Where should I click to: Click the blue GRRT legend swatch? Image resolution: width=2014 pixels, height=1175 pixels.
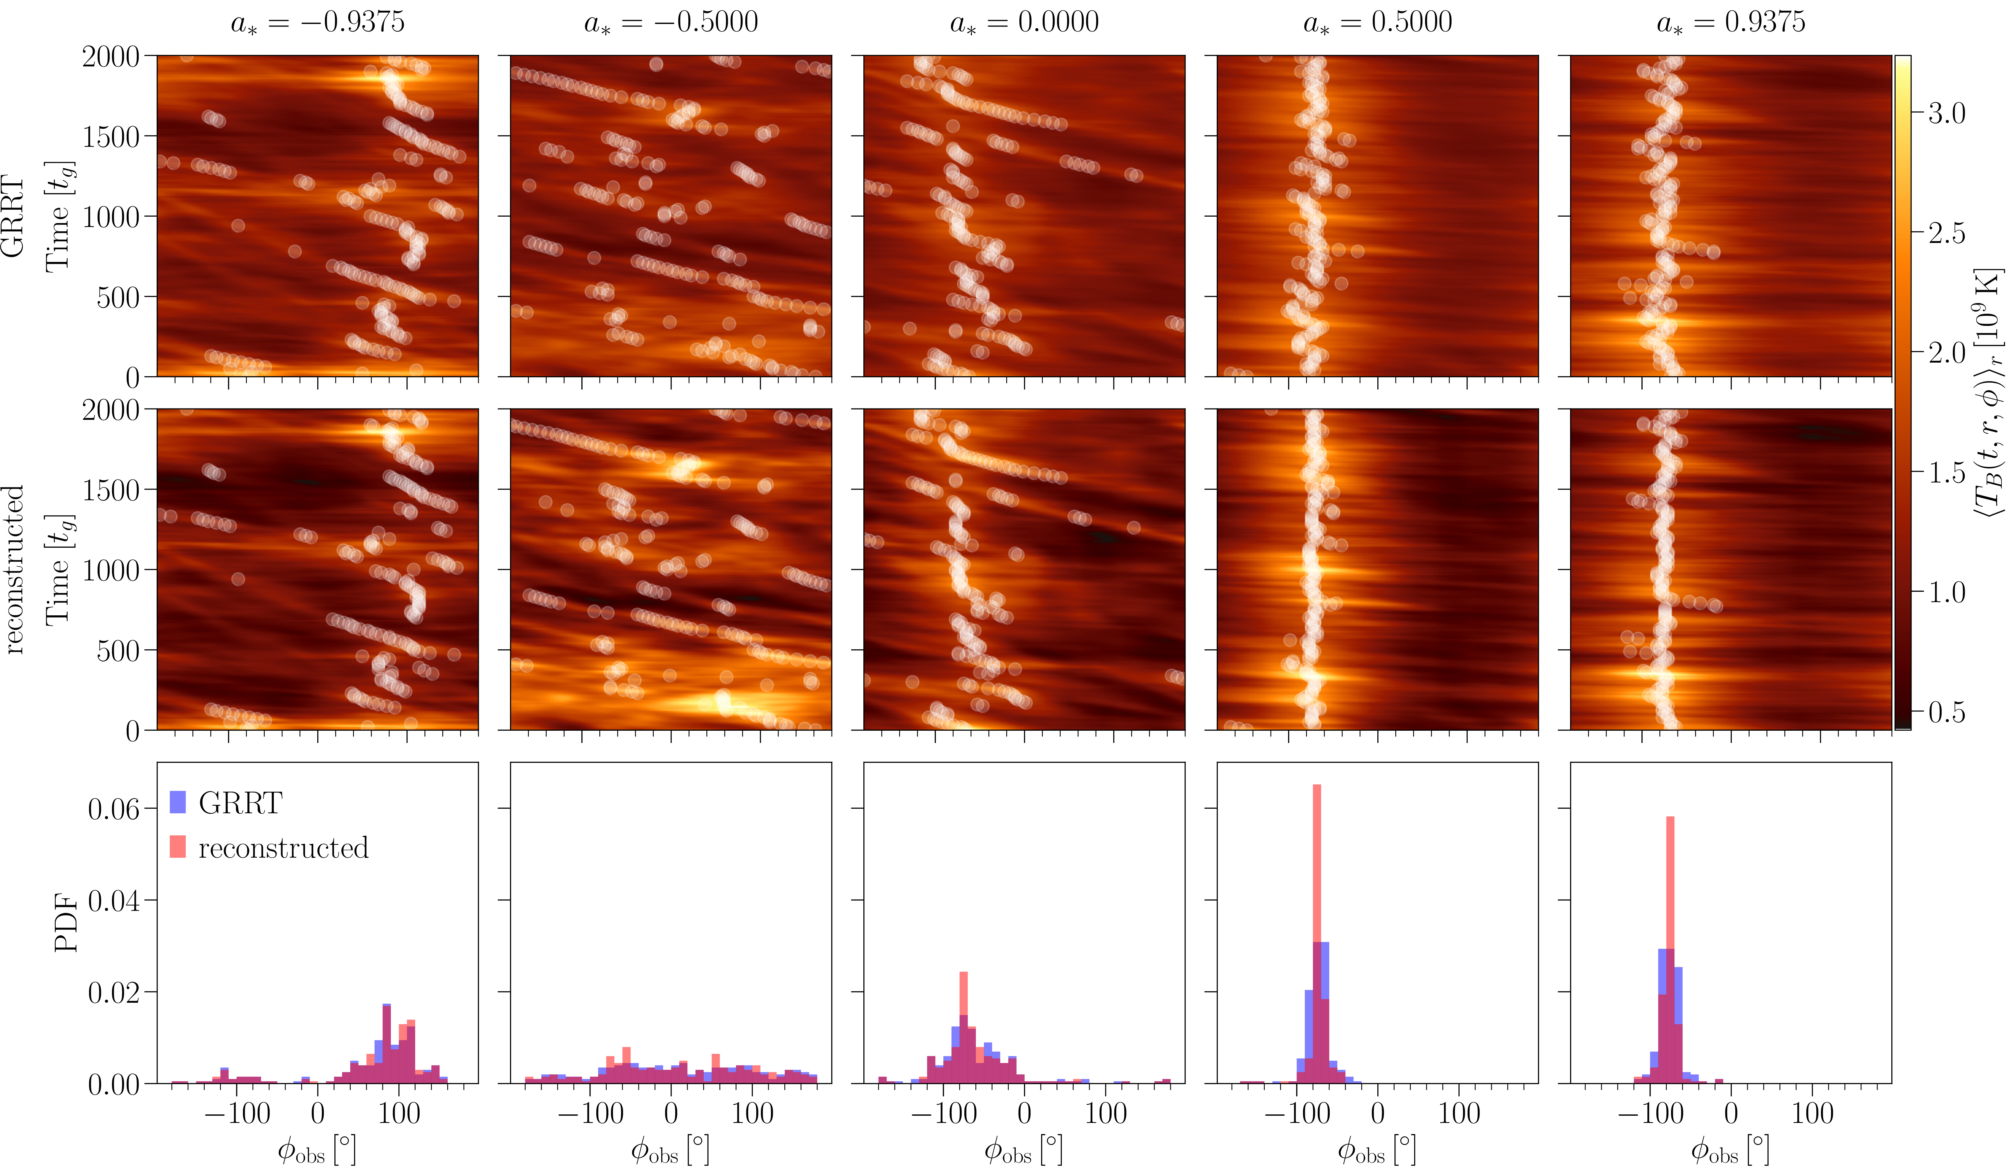point(177,802)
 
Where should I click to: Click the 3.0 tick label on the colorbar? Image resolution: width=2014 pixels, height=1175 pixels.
point(1946,114)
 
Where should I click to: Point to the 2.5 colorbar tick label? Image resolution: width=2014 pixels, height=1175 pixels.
point(1946,233)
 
